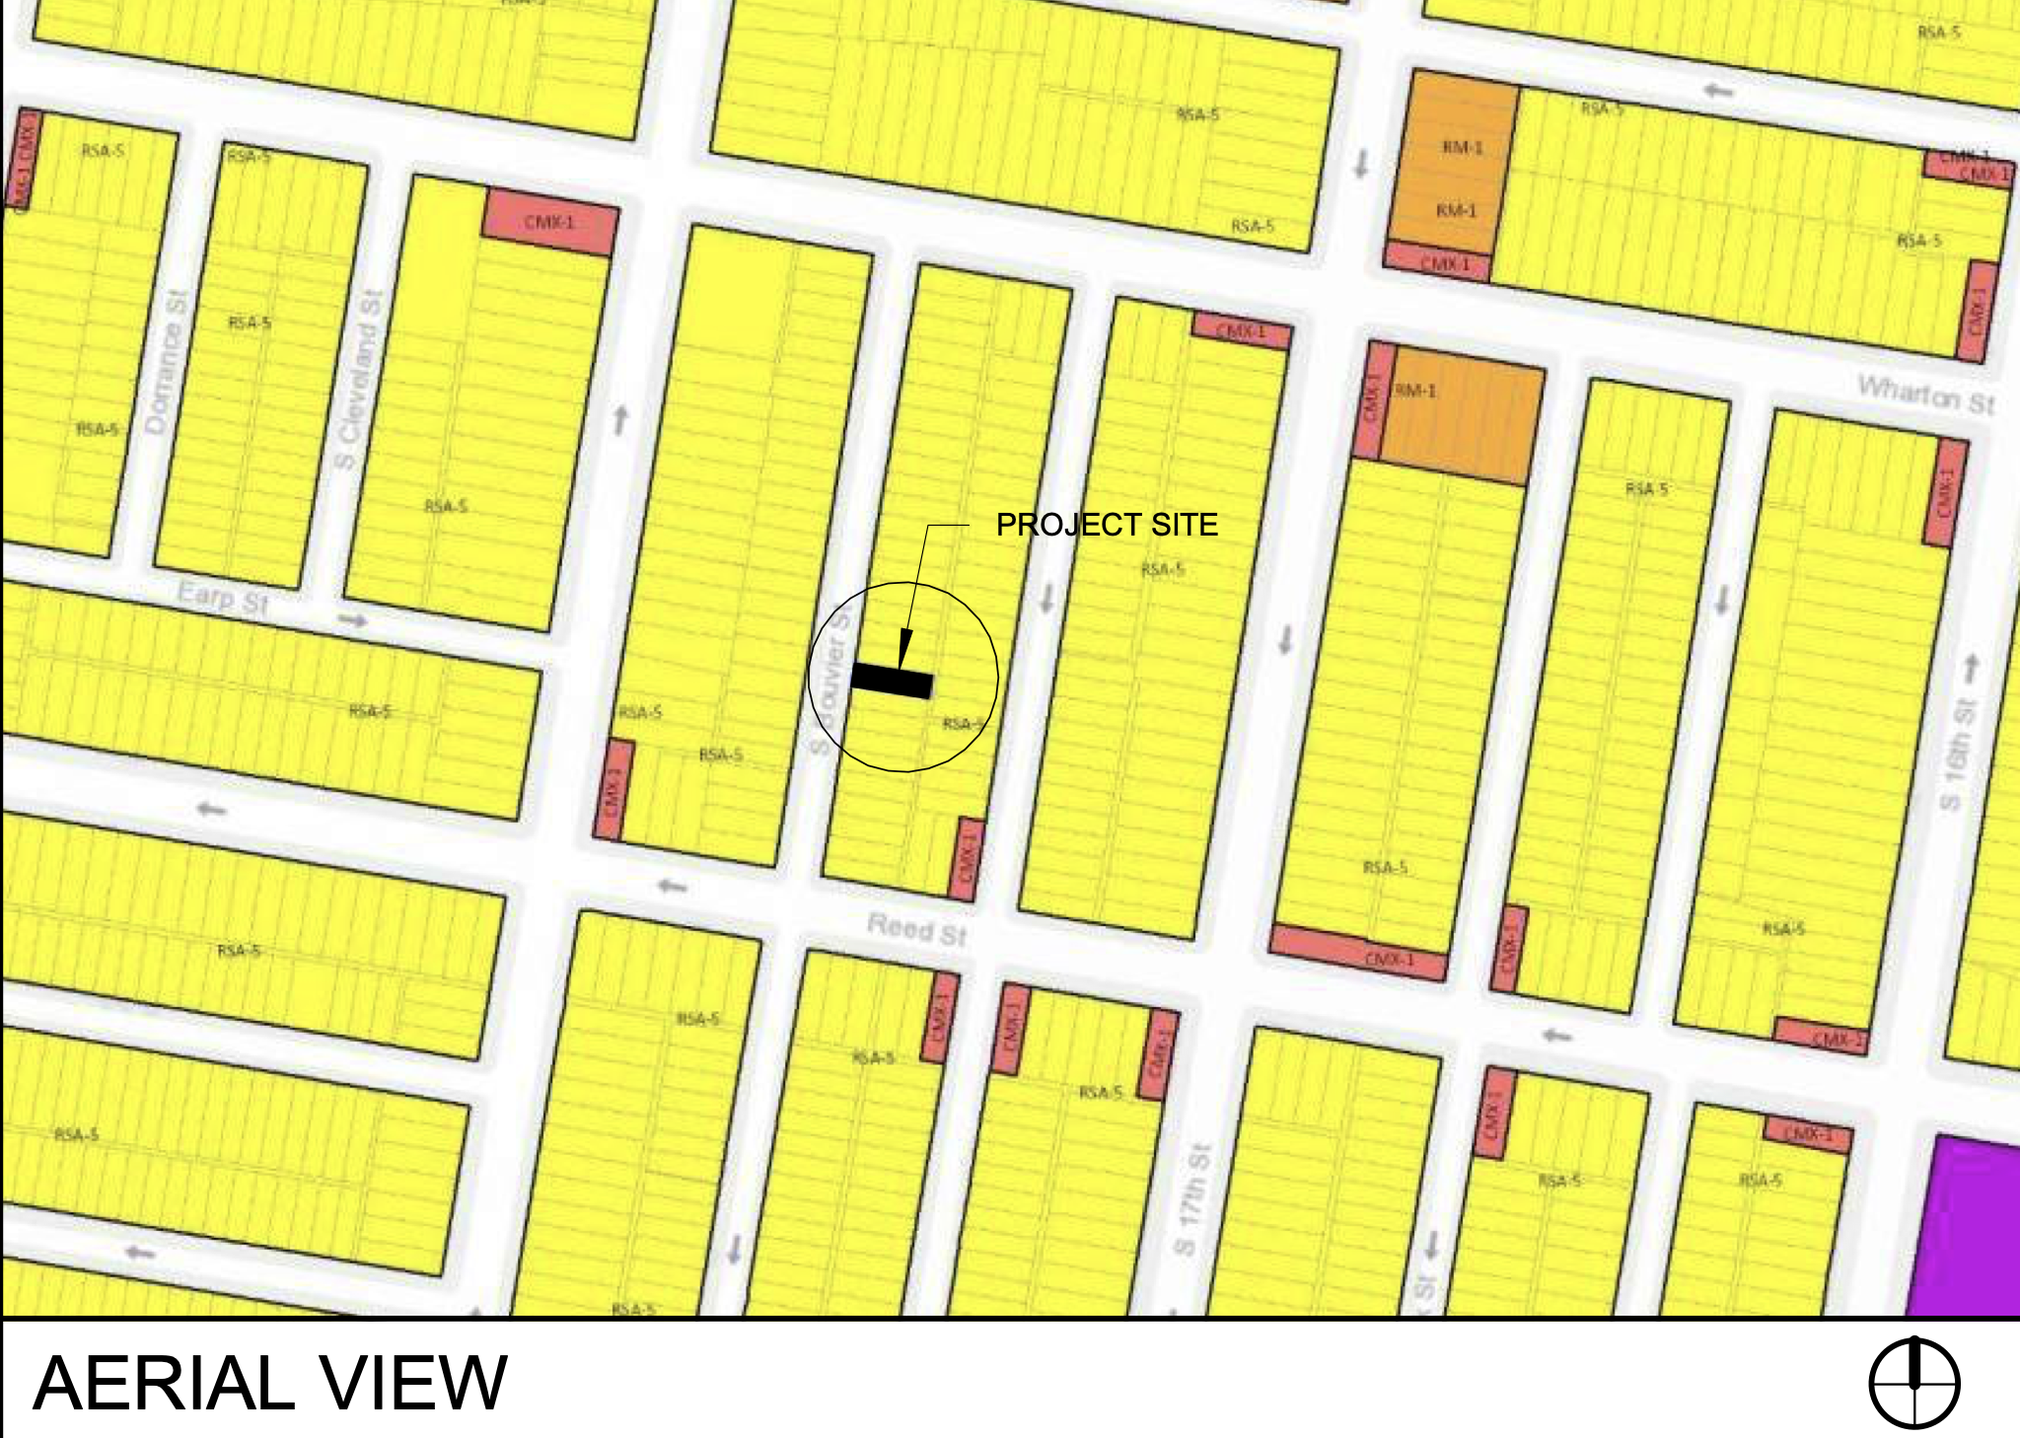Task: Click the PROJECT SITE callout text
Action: click(x=1107, y=525)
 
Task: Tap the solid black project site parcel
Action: click(x=892, y=681)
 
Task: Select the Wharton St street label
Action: click(x=1925, y=395)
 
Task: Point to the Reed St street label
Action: click(x=916, y=929)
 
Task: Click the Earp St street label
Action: click(x=223, y=598)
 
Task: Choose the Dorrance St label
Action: click(x=165, y=362)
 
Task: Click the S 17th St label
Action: click(x=1191, y=1198)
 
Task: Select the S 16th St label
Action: click(x=1957, y=755)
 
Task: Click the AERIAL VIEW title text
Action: click(x=269, y=1383)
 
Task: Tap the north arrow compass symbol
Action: click(x=1914, y=1382)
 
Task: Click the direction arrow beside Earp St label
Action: click(x=352, y=620)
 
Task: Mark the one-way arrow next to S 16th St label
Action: click(x=1971, y=669)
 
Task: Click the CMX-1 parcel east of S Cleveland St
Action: click(x=550, y=223)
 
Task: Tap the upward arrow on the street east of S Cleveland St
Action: click(x=619, y=421)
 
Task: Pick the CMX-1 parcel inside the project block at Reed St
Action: click(x=968, y=858)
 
